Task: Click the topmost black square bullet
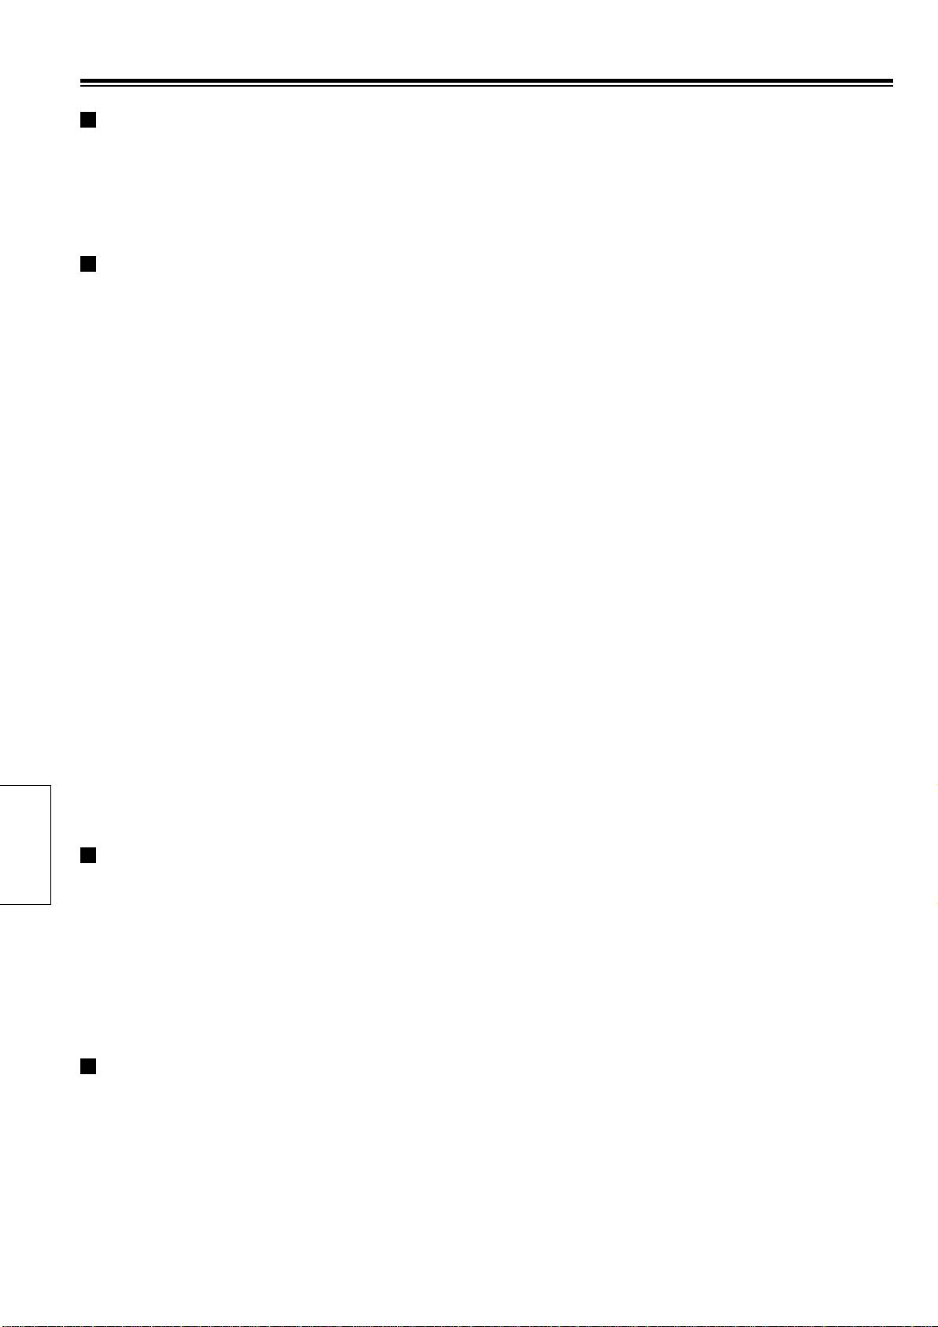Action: click(87, 120)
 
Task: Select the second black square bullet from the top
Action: click(87, 264)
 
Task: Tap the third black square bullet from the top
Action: click(87, 855)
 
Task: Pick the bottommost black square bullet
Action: click(87, 1066)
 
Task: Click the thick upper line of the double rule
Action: click(486, 80)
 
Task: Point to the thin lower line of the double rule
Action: click(486, 85)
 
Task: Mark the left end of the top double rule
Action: click(81, 82)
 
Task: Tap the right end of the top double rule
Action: click(892, 82)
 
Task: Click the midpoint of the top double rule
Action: click(486, 82)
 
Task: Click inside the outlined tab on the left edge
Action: click(24, 844)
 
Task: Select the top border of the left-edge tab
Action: click(24, 785)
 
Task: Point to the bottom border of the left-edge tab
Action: click(24, 904)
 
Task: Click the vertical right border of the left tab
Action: click(50, 844)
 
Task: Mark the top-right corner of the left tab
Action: click(50, 785)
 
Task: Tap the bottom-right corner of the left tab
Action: click(50, 904)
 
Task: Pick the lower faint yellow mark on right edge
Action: click(934, 903)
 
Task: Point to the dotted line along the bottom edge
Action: click(469, 1325)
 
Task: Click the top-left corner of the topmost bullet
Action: click(80, 113)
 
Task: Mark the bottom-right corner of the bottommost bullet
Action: click(95, 1073)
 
